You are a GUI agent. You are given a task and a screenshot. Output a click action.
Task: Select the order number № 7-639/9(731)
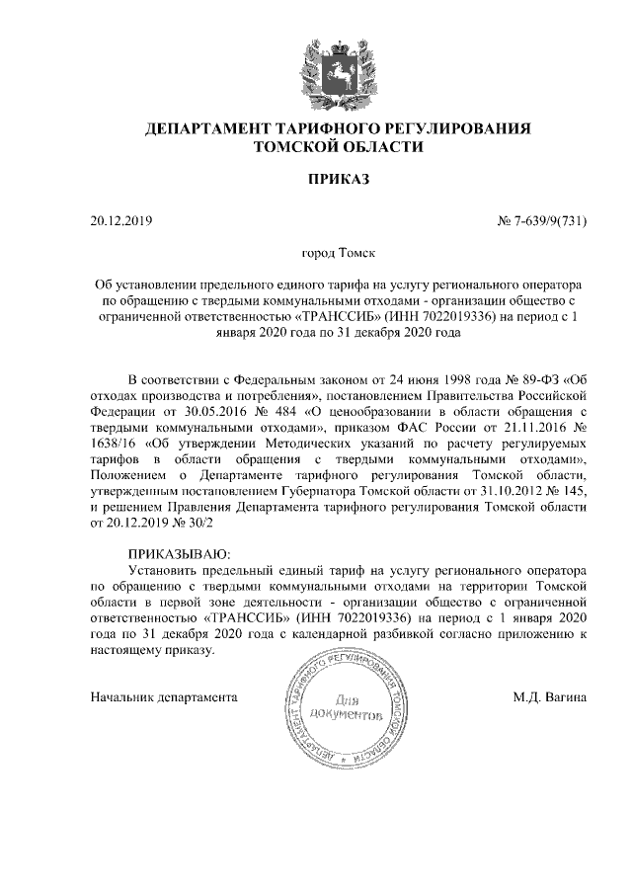(542, 220)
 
